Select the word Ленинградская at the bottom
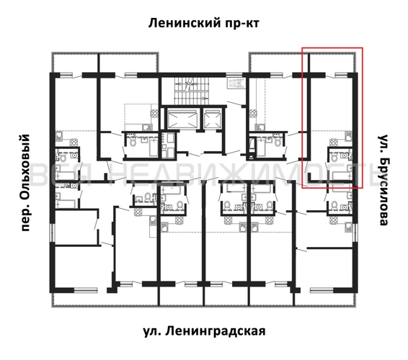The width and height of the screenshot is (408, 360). click(215, 331)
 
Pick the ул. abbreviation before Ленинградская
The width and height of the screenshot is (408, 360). click(151, 331)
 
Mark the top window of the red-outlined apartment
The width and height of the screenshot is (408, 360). click(339, 73)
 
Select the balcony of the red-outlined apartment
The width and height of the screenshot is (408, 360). click(332, 62)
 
